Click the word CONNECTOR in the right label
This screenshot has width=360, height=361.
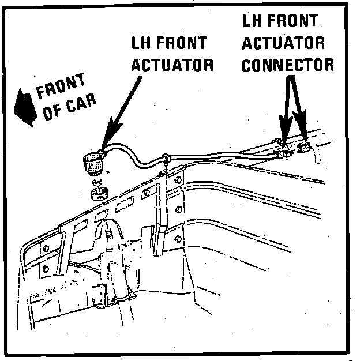tap(287, 64)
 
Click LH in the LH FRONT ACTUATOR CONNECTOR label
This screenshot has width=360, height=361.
tap(253, 22)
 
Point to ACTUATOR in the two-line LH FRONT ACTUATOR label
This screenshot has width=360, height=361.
tap(172, 65)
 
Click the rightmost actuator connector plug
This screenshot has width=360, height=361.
tap(304, 149)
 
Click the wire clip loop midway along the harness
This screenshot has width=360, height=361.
tap(167, 157)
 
